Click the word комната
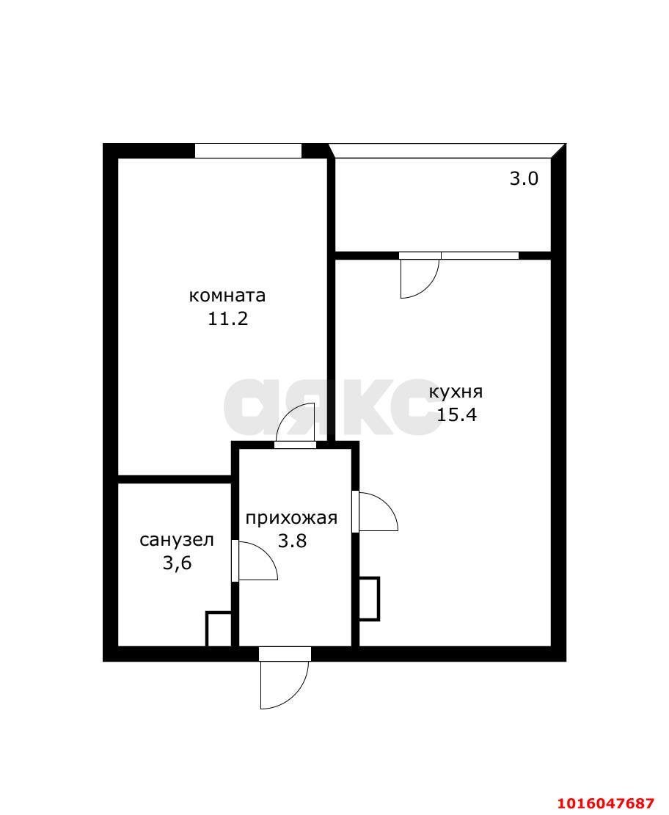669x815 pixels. [227, 296]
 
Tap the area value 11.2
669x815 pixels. [227, 318]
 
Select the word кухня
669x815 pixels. [456, 392]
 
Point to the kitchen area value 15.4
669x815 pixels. [456, 414]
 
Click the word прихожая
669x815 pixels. [292, 518]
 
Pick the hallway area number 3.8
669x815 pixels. [292, 541]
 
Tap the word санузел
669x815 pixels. [177, 541]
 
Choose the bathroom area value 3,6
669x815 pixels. [178, 563]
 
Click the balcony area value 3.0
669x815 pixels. [524, 179]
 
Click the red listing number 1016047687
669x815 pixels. [606, 803]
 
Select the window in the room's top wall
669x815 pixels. [248, 150]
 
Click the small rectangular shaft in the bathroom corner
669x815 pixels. [219, 629]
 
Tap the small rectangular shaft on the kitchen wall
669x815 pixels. [369, 599]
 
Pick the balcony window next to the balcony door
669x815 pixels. [480, 255]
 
